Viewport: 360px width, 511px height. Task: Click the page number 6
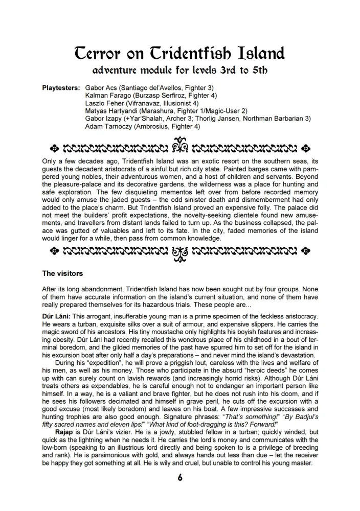pyautogui.click(x=180, y=479)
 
